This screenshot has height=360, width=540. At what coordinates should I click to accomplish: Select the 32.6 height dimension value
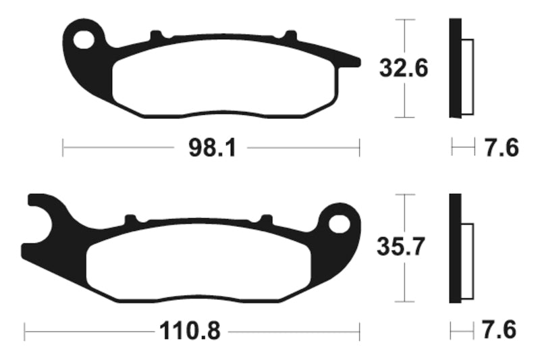pyautogui.click(x=404, y=68)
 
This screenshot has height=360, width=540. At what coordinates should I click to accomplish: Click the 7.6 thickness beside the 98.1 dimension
pyautogui.click(x=501, y=147)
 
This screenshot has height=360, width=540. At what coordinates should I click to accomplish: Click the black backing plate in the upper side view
pyautogui.click(x=454, y=68)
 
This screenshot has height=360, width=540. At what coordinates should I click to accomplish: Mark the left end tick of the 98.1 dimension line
pyautogui.click(x=63, y=147)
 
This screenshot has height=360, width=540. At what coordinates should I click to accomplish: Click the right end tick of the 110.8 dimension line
pyautogui.click(x=359, y=332)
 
